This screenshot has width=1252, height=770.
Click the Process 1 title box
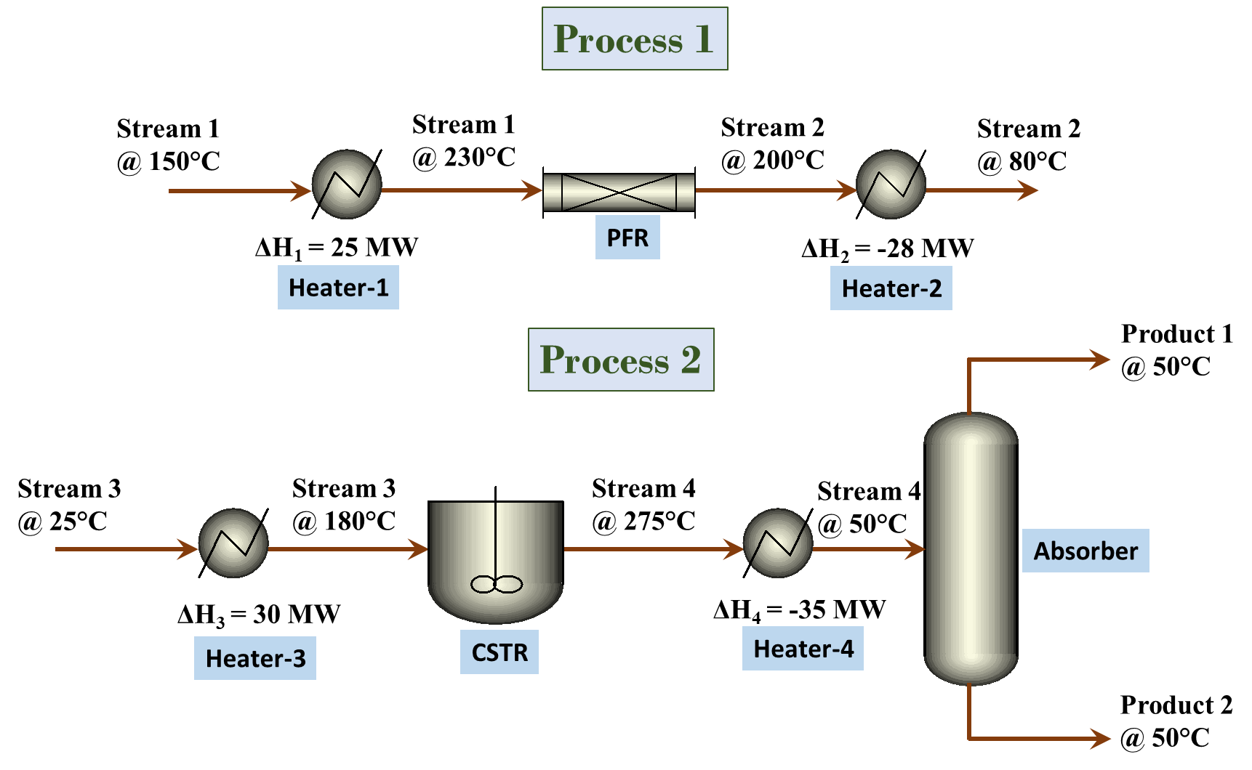click(x=634, y=39)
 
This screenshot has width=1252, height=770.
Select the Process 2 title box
click(x=621, y=360)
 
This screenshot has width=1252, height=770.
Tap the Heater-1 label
click(x=338, y=288)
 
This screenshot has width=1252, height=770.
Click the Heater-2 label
click(x=891, y=288)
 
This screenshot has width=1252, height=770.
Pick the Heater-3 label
click(x=255, y=658)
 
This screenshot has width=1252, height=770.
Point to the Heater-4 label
click(x=803, y=648)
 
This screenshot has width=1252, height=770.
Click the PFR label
click(x=627, y=238)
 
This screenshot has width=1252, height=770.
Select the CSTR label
click(x=499, y=652)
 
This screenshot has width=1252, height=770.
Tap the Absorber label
click(x=1086, y=551)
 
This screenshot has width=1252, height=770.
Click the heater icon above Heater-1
click(x=347, y=185)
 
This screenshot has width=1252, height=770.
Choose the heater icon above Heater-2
click(x=891, y=185)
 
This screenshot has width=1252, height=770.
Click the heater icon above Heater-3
click(x=233, y=543)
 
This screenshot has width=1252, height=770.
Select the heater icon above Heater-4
click(x=777, y=543)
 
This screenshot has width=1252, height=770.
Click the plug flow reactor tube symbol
click(x=619, y=192)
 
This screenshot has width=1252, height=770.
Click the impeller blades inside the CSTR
click(x=497, y=584)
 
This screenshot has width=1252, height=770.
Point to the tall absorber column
click(x=971, y=548)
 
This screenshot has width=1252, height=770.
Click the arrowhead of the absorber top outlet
click(x=1101, y=360)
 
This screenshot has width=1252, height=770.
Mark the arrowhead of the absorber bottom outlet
click(x=1101, y=739)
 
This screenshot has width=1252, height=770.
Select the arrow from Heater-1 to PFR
click(x=458, y=191)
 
